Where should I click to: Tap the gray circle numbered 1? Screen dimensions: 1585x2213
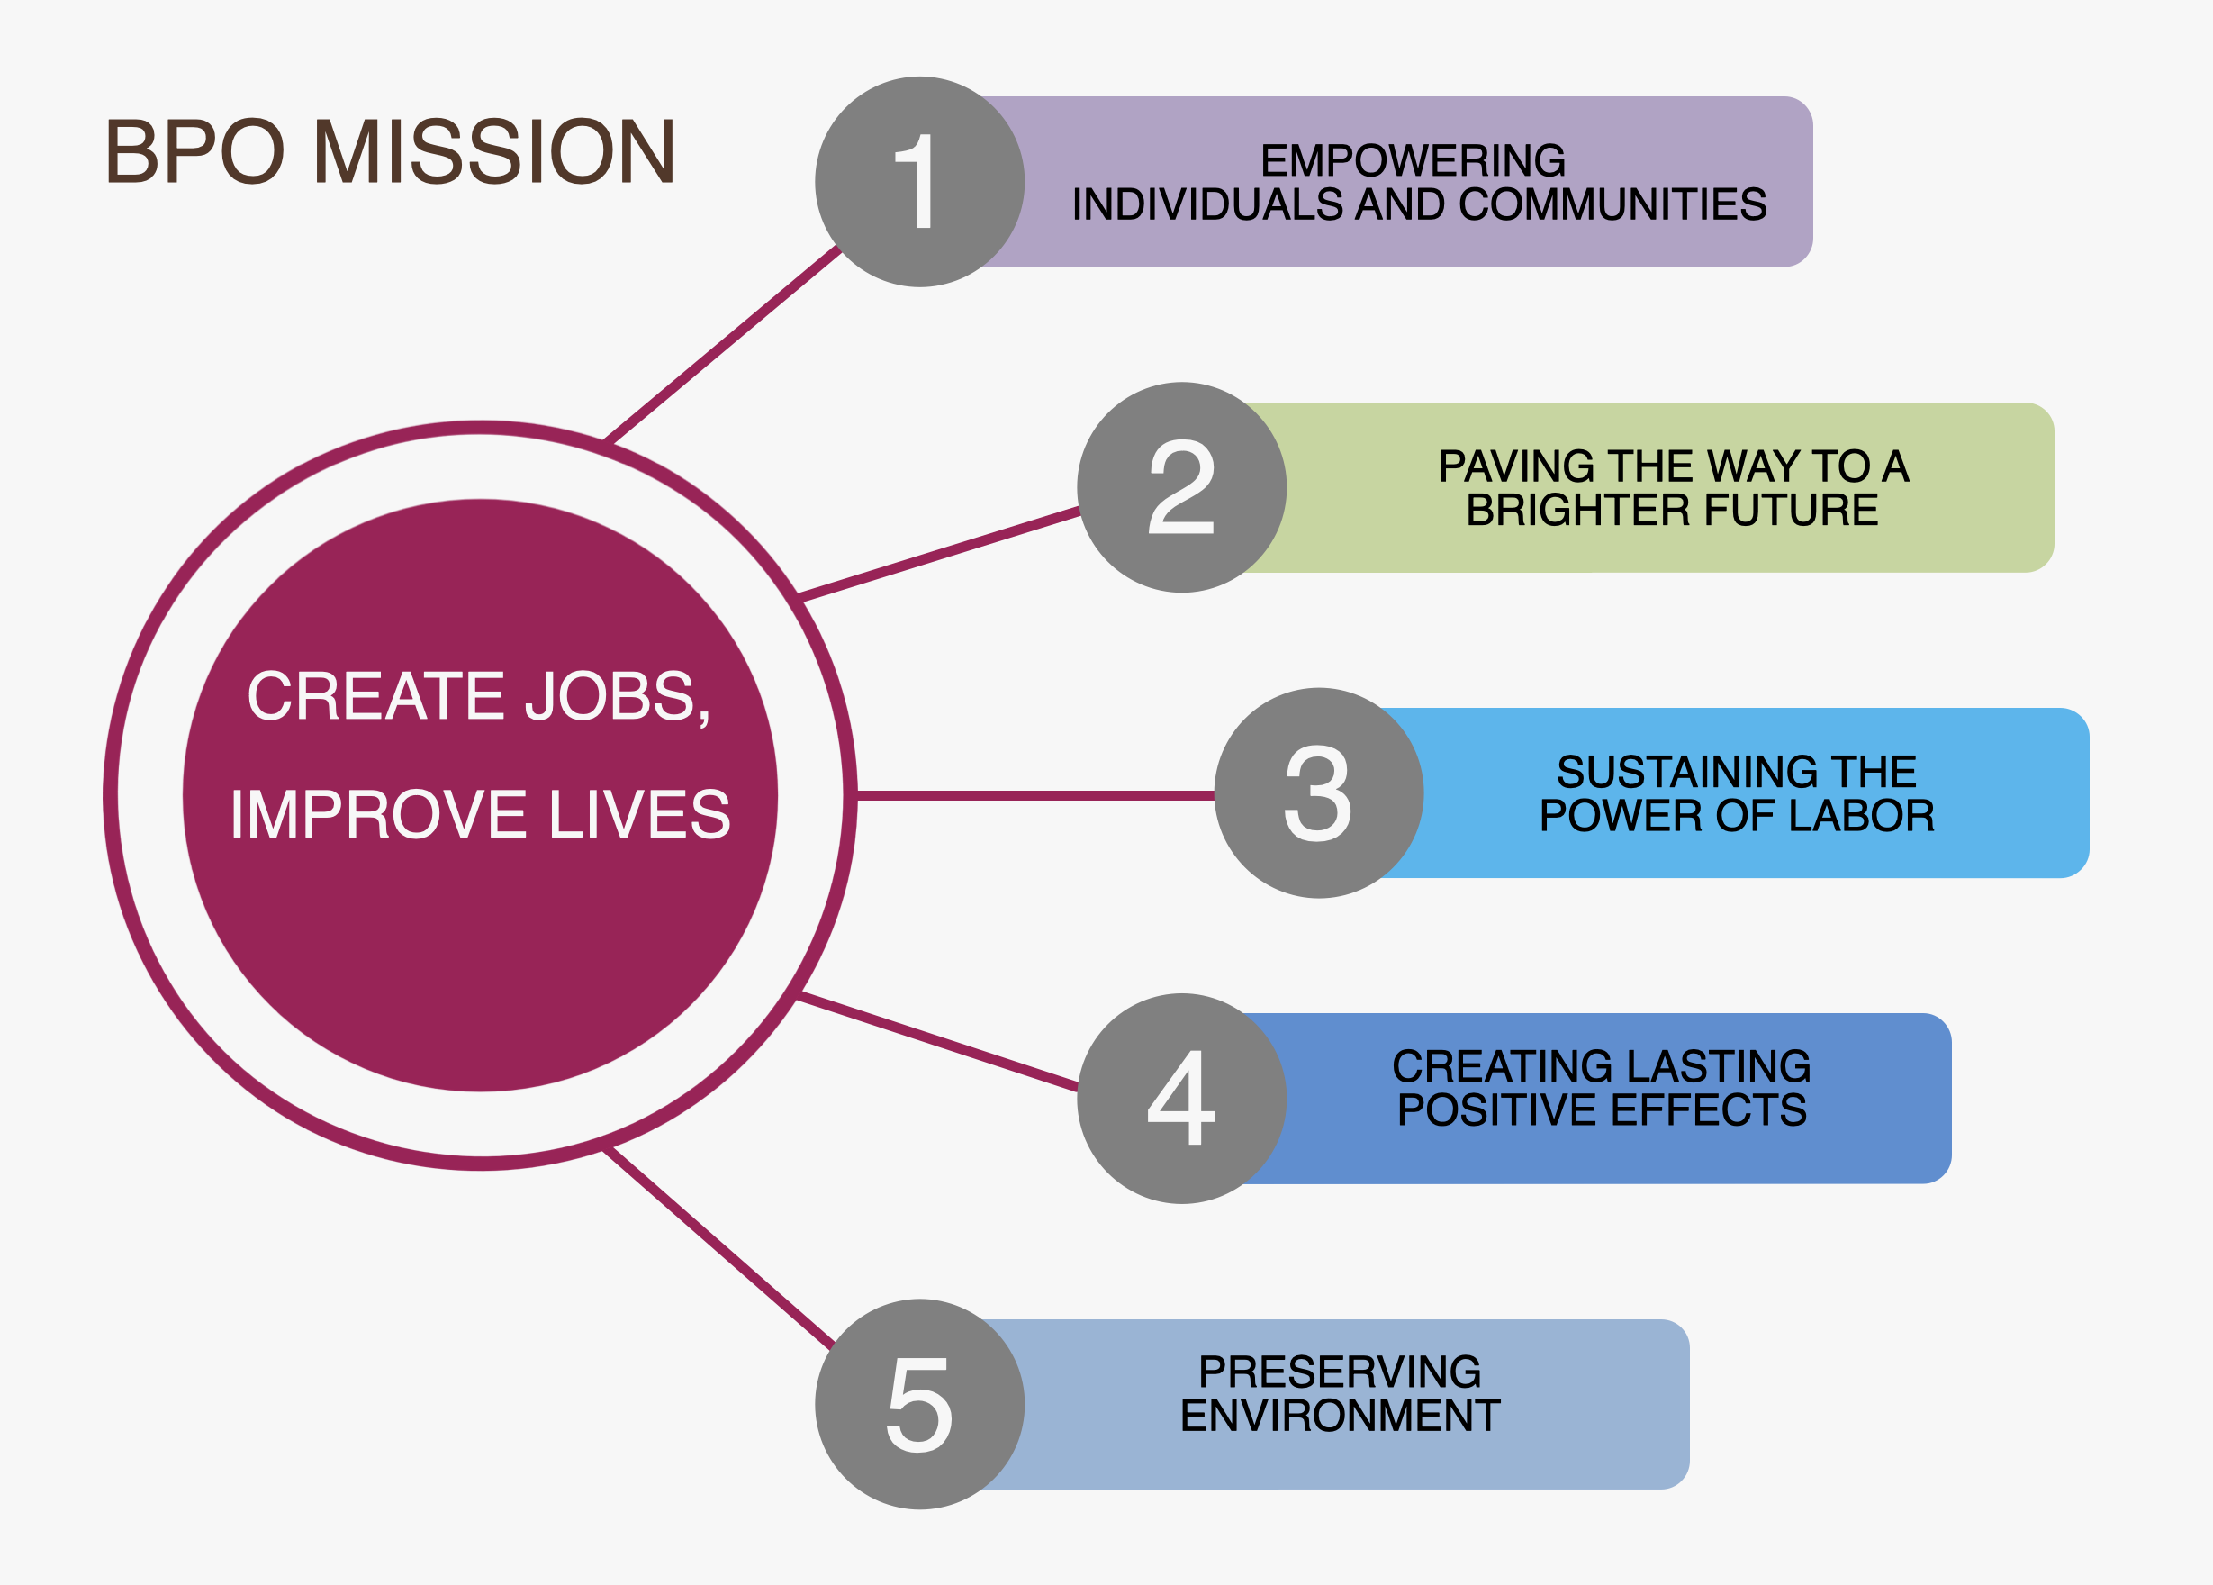click(x=919, y=182)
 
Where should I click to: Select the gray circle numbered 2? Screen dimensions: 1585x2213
click(x=1181, y=487)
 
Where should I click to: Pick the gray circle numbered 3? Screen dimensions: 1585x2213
click(x=1318, y=792)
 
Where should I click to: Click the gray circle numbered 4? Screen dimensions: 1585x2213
click(x=1181, y=1098)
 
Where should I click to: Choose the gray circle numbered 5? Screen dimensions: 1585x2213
click(x=919, y=1403)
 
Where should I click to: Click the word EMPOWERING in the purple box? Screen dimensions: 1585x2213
click(x=1413, y=161)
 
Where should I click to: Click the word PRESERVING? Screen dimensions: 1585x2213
click(x=1340, y=1372)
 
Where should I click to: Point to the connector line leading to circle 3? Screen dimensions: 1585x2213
click(x=1034, y=795)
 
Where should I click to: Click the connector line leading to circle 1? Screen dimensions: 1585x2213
click(x=722, y=345)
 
